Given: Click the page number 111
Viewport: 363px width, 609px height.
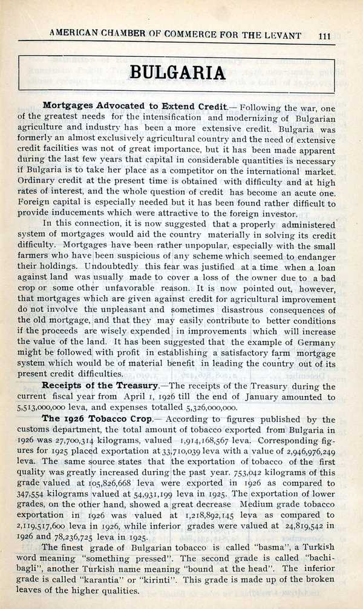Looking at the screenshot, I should pyautogui.click(x=324, y=35).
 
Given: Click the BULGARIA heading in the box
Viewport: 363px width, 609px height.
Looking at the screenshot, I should pyautogui.click(x=178, y=73).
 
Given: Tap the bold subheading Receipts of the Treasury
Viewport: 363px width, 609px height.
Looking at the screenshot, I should pyautogui.click(x=100, y=386).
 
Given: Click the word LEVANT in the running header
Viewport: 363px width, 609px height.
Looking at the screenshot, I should pyautogui.click(x=280, y=35).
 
